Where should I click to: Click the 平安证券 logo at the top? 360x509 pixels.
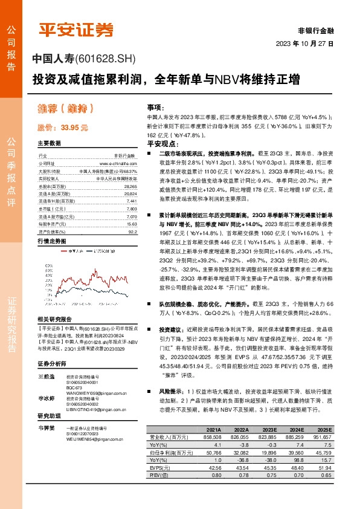[x=76, y=29]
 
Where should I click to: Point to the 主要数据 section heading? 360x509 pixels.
[x=49, y=144]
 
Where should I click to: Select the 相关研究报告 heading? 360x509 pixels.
[x=54, y=319]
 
